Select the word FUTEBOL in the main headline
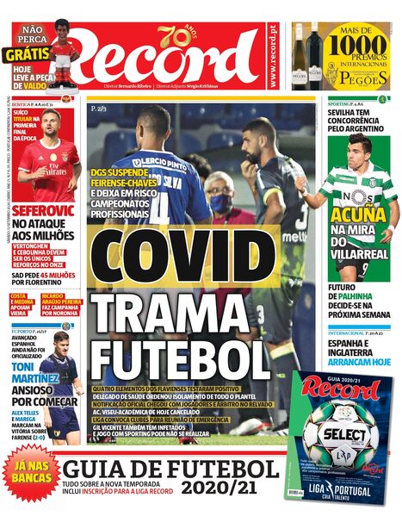[181, 357]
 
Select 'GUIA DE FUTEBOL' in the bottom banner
[172, 469]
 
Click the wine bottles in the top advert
[306, 56]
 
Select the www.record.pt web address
[274, 54]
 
